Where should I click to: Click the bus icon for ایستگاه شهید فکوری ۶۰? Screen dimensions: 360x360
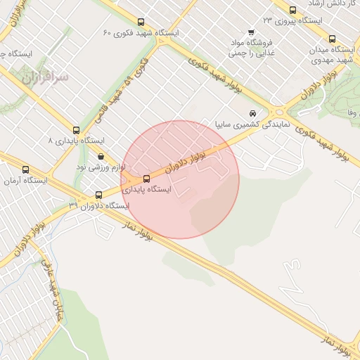[x=141, y=22]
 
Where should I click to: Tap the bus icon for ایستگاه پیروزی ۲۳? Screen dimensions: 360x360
[x=293, y=10]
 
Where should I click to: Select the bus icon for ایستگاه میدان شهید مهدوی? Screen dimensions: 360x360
[x=333, y=39]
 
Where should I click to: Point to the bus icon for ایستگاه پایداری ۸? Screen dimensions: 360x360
[x=76, y=130]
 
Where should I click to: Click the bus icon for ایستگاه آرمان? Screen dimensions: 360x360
[x=26, y=169]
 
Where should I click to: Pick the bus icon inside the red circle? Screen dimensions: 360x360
[x=146, y=179]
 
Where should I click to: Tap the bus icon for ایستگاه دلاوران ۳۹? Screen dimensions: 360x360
[x=98, y=195]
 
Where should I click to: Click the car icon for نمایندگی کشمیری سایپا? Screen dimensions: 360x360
[x=252, y=114]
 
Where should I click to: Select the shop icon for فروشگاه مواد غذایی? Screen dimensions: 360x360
[x=251, y=32]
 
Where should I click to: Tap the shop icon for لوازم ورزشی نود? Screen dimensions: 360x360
[x=101, y=157]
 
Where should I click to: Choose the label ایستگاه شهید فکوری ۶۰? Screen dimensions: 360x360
[x=141, y=33]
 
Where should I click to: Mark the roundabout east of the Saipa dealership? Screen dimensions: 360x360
[x=278, y=111]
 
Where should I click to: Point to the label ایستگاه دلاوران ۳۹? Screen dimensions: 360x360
[x=99, y=205]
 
